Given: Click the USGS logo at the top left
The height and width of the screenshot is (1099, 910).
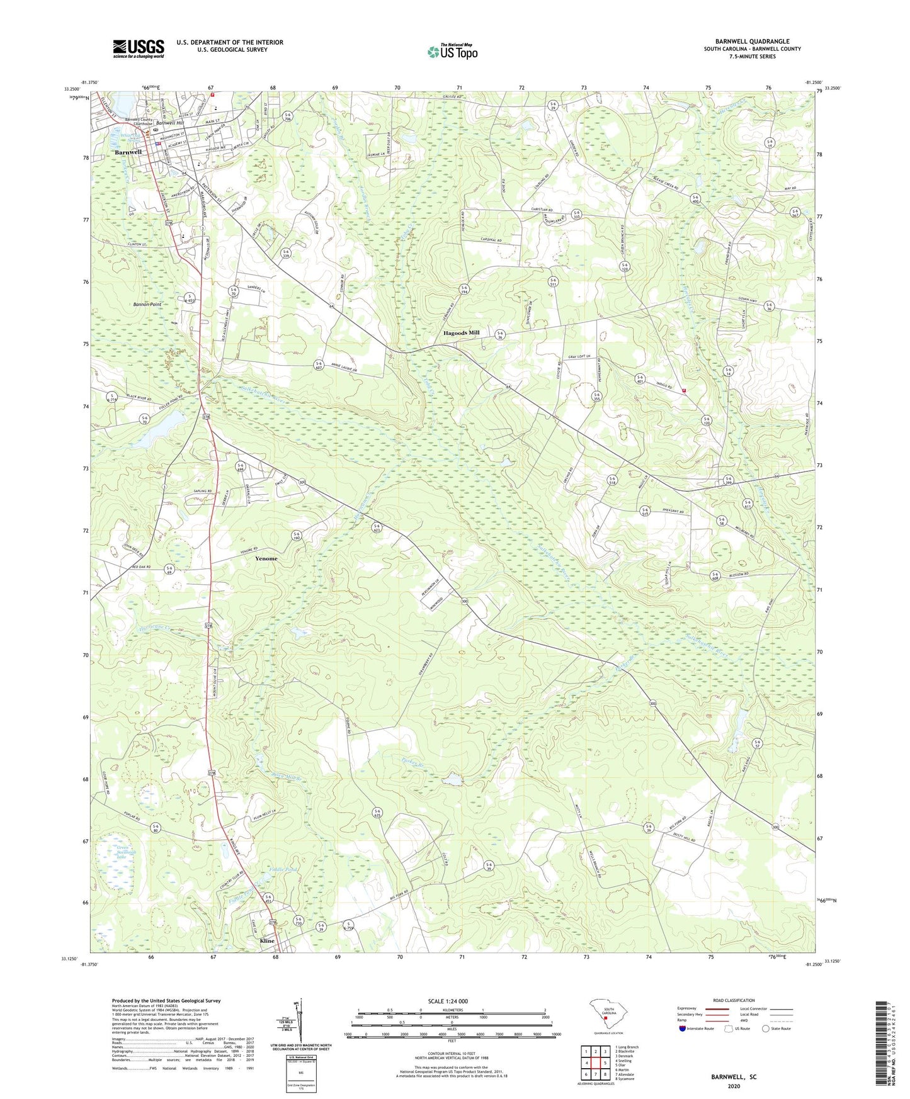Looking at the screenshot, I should [139, 48].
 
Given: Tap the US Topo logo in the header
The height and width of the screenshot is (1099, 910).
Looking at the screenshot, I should [452, 52].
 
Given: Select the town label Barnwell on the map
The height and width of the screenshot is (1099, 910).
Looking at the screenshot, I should [128, 152].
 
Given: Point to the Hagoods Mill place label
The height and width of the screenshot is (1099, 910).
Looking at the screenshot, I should [461, 332].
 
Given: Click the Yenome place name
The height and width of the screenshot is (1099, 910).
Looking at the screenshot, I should [266, 558].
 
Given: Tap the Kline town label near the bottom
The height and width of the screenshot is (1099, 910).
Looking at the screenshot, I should [267, 941].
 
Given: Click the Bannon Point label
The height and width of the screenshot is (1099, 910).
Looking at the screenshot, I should [147, 305].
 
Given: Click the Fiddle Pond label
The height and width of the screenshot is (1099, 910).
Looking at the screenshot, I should [283, 870].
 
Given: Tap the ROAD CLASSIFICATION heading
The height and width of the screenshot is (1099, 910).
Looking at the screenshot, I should [734, 1000].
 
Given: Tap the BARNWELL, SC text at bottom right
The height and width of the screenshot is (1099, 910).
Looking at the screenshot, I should [734, 1077].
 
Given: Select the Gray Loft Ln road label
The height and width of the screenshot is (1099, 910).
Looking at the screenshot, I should [578, 357].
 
